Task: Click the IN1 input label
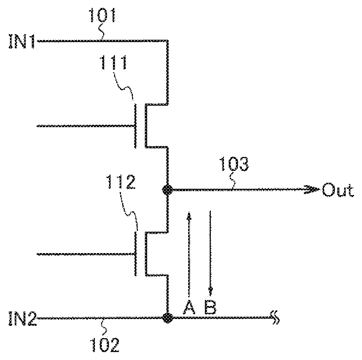[x=21, y=41]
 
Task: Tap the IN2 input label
[x=22, y=319]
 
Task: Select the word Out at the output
[x=337, y=191]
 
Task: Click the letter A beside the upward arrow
[x=189, y=307]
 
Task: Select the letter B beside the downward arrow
[x=210, y=307]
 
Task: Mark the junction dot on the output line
[x=167, y=190]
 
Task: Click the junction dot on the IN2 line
[x=167, y=318]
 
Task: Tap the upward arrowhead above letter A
[x=189, y=215]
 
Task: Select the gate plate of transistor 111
[x=135, y=126]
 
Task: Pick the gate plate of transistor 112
[x=135, y=254]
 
